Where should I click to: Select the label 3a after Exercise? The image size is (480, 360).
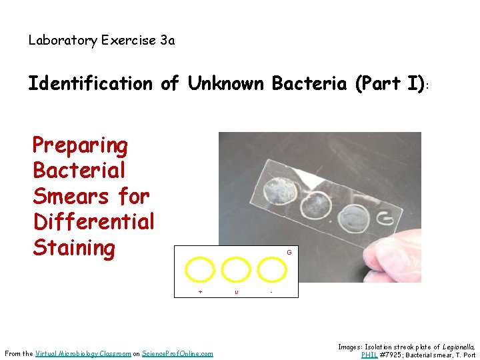click(x=167, y=41)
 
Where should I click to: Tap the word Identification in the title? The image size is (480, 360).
click(x=90, y=84)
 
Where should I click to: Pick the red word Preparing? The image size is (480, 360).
click(x=80, y=145)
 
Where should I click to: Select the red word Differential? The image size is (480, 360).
click(x=93, y=222)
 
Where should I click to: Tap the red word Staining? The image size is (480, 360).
click(x=74, y=248)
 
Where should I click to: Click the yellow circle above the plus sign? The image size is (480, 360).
click(x=199, y=270)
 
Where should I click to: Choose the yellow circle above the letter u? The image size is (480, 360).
click(x=235, y=270)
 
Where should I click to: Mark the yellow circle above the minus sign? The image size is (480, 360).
click(x=271, y=270)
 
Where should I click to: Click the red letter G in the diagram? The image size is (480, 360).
click(x=289, y=253)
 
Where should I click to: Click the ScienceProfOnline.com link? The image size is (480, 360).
click(x=177, y=353)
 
